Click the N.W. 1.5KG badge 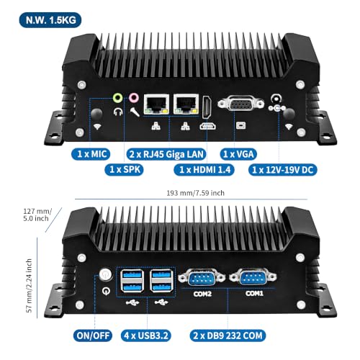[50, 20]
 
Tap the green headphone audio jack [118, 98]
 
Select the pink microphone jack [134, 98]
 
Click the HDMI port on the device [207, 107]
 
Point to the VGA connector [240, 104]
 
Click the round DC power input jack [276, 99]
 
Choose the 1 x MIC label [91, 154]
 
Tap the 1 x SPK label [124, 170]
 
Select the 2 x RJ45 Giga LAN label [166, 154]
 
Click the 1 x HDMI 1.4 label [204, 170]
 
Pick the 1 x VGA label [238, 154]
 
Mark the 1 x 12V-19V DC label [283, 170]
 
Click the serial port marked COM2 [202, 278]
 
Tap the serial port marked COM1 [253, 277]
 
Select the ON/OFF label [93, 336]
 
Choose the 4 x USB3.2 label [146, 336]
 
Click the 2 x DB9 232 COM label [228, 336]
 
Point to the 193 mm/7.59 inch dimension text [196, 193]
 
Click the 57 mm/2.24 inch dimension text [29, 286]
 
